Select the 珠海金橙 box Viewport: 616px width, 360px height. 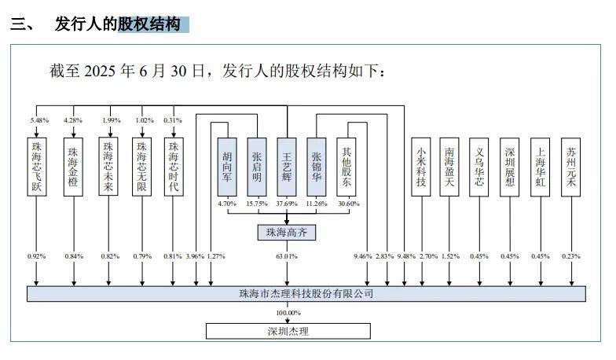73,166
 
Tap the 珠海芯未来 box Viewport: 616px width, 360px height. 109,166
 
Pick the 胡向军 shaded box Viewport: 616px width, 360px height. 227,166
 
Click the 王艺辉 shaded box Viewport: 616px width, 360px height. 287,166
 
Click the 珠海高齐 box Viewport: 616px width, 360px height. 287,232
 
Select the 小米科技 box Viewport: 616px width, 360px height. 422,166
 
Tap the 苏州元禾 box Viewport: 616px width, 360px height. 570,166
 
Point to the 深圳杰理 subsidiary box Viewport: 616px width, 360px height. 288,331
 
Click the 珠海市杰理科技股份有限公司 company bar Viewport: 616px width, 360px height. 306,294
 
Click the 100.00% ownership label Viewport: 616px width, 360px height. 288,313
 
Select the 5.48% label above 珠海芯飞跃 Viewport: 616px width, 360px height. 39,120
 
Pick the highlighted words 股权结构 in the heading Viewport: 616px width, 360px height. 148,24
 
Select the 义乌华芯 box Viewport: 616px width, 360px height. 479,166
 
